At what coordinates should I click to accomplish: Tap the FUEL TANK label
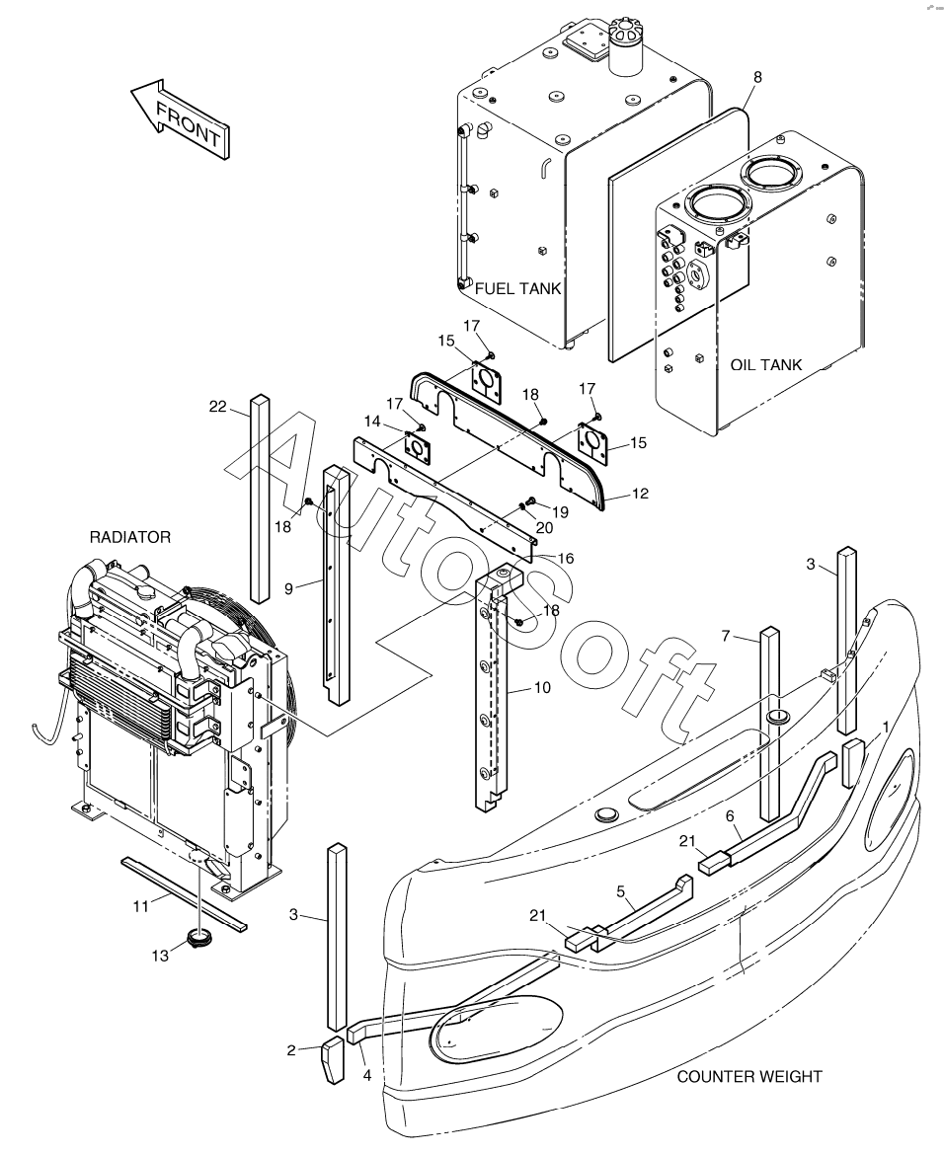[517, 289]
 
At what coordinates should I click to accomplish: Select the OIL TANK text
[766, 365]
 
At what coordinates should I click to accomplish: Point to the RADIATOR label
[130, 537]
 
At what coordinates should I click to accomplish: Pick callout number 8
[757, 77]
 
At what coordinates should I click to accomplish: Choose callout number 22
[218, 406]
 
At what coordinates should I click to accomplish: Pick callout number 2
[291, 1050]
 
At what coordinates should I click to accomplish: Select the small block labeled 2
[332, 1061]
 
